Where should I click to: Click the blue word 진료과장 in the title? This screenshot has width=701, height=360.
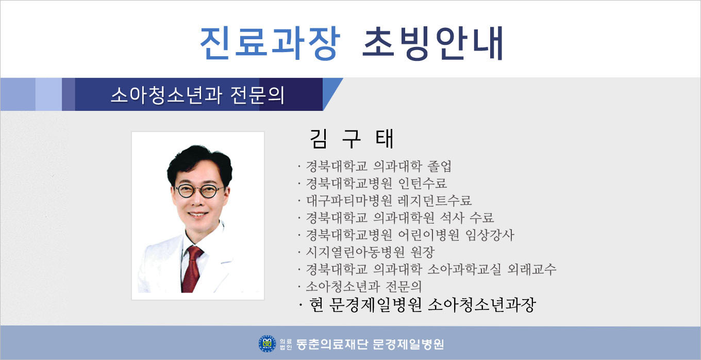270,43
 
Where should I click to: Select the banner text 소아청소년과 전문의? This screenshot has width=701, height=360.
198,95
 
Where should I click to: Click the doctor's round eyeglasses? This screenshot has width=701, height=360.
199,191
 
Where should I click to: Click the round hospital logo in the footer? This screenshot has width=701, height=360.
267,343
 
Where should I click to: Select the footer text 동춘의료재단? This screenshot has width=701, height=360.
332,344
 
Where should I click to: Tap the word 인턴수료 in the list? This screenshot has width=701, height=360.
423,184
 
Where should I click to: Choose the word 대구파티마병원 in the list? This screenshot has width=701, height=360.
349,201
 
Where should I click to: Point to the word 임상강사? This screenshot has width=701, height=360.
490,235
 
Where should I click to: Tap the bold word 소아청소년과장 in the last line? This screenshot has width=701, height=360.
481,305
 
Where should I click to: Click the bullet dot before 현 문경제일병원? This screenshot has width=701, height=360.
301,305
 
